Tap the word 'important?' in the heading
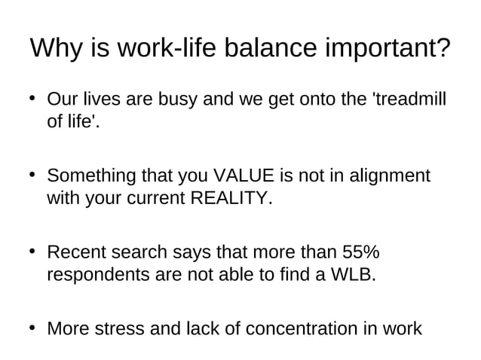(x=386, y=49)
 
